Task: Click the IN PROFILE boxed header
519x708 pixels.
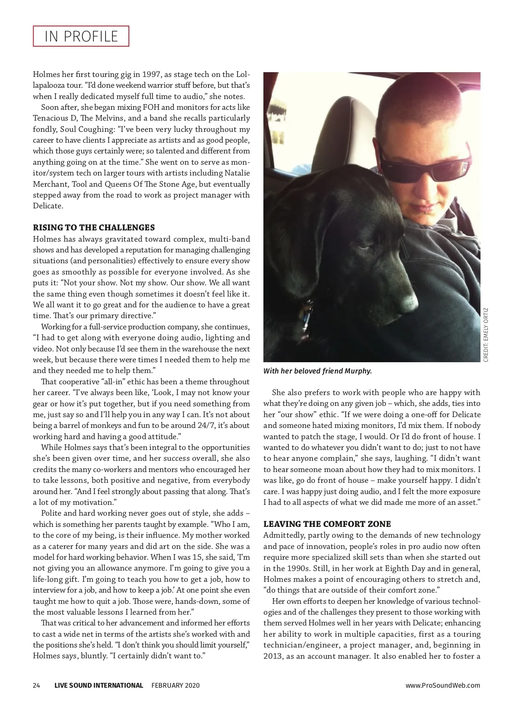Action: pos(81,36)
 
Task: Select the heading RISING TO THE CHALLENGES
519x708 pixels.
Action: pos(94,228)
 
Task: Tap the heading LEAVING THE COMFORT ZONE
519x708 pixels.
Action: pos(327,524)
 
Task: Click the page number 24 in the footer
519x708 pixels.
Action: pos(36,686)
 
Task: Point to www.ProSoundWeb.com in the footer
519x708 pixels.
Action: pos(442,686)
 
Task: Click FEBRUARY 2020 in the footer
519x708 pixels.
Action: pos(175,686)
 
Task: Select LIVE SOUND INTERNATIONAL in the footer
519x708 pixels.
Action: pos(99,686)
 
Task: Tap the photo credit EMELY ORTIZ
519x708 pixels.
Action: pos(486,335)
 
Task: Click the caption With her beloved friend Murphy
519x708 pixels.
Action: pos(317,371)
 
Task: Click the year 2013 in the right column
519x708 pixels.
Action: pos(273,656)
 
